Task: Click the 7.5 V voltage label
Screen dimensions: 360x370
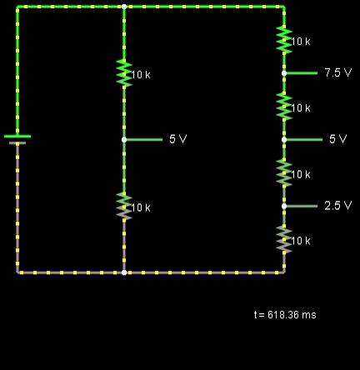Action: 338,72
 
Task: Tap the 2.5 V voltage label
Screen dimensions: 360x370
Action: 338,206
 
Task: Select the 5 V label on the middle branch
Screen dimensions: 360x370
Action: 178,139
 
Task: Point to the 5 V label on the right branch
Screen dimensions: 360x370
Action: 338,139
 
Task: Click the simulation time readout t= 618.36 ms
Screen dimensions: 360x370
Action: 285,315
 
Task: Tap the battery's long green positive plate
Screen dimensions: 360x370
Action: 17,136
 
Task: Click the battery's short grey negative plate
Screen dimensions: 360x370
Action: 17,143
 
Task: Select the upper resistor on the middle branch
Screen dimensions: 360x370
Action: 124,73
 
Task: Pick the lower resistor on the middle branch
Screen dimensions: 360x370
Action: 124,206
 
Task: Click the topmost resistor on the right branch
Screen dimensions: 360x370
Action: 284,40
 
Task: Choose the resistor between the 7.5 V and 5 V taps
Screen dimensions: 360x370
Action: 284,107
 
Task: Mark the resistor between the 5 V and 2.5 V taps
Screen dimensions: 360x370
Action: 284,172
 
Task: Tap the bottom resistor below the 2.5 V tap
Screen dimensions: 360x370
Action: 284,239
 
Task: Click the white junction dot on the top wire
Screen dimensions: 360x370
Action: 124,7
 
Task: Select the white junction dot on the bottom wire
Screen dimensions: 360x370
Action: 124,272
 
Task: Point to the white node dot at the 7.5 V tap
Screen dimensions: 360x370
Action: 284,73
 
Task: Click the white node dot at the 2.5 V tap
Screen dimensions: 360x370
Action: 284,206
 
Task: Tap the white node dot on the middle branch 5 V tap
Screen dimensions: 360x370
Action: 124,139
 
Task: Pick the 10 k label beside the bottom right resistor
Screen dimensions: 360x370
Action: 301,241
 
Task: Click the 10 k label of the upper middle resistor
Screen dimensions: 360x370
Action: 141,74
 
